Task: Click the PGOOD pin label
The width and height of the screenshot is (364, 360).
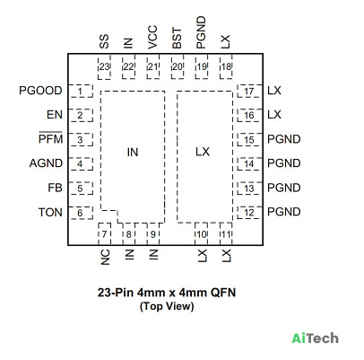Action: pyautogui.click(x=40, y=91)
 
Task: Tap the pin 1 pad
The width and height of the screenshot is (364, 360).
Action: pyautogui.click(x=81, y=91)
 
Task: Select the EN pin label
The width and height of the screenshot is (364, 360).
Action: pyautogui.click(x=55, y=115)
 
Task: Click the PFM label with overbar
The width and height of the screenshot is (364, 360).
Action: pyautogui.click(x=50, y=138)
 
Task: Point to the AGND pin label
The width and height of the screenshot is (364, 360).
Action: pyautogui.click(x=46, y=163)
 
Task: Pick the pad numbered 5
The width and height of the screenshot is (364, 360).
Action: pyautogui.click(x=81, y=189)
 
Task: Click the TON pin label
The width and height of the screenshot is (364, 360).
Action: pyautogui.click(x=50, y=212)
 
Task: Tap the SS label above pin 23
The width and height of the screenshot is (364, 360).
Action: pyautogui.click(x=104, y=41)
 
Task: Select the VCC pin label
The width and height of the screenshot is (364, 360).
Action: pyautogui.click(x=152, y=37)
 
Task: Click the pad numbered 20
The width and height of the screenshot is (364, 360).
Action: pyautogui.click(x=178, y=66)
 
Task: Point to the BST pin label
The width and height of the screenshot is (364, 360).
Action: pyautogui.click(x=177, y=39)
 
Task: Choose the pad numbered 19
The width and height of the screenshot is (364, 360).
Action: pyautogui.click(x=202, y=66)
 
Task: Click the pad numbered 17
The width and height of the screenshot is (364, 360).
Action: pyautogui.click(x=250, y=91)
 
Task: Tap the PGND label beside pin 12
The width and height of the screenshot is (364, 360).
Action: pyautogui.click(x=284, y=212)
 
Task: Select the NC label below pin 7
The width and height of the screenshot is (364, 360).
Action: pyautogui.click(x=105, y=258)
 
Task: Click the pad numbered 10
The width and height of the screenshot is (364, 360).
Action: pyautogui.click(x=202, y=234)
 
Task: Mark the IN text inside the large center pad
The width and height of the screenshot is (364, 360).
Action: pyautogui.click(x=133, y=153)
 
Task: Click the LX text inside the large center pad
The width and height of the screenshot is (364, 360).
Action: pyautogui.click(x=203, y=152)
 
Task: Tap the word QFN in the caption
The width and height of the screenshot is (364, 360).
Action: pyautogui.click(x=223, y=293)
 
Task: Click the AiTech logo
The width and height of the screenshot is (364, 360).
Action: pyautogui.click(x=316, y=338)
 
